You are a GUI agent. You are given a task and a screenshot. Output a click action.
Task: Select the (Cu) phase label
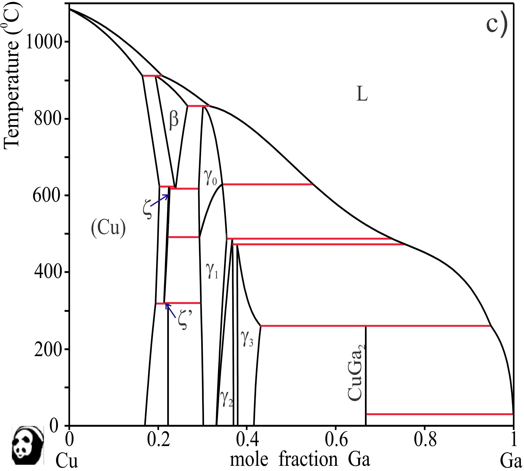point(108,228)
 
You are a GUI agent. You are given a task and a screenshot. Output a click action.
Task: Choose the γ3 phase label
point(247,339)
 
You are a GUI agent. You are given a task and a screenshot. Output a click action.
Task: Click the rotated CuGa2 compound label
point(355,373)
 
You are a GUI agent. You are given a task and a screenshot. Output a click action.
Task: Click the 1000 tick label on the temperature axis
point(44,42)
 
